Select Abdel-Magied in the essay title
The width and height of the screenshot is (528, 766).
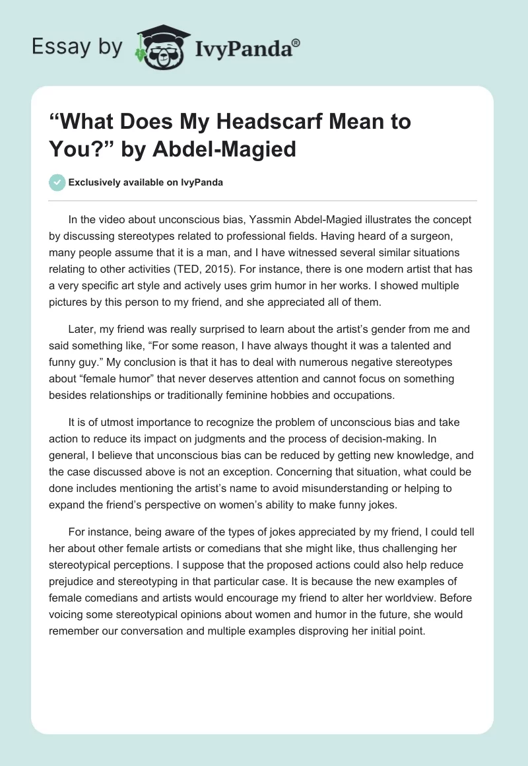click(228, 149)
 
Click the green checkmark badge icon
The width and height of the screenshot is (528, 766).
click(57, 182)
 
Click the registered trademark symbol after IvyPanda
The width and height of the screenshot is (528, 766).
click(296, 42)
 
